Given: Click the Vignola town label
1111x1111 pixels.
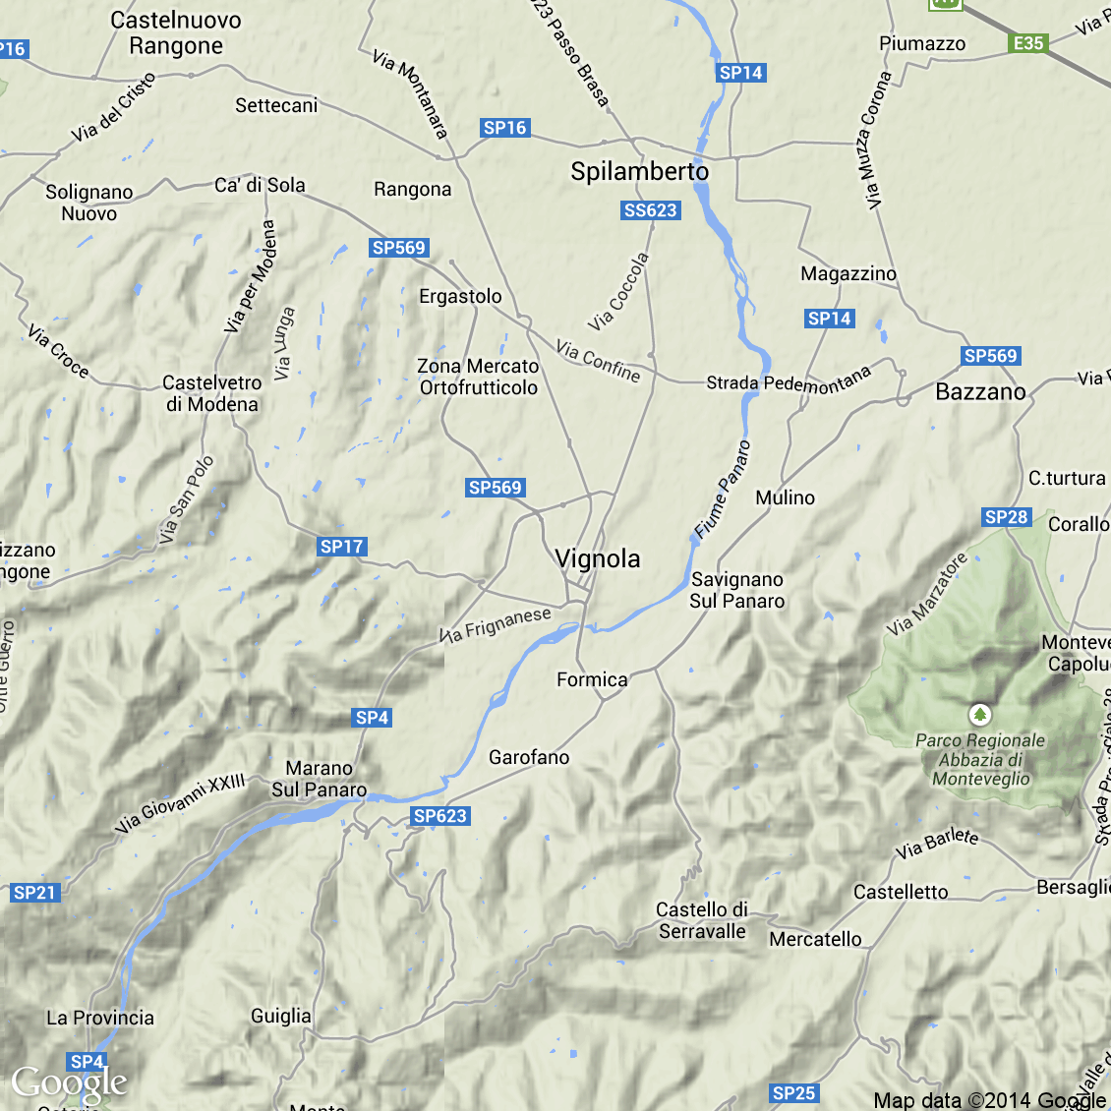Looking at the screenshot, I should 598,559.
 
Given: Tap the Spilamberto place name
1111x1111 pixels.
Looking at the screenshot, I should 639,172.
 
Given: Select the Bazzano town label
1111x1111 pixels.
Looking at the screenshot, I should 980,392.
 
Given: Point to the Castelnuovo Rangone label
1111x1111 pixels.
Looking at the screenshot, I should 176,33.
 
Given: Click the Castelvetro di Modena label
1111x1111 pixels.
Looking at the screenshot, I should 211,393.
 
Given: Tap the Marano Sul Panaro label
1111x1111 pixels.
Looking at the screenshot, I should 320,779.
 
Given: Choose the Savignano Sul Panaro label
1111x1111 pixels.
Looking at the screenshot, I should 737,590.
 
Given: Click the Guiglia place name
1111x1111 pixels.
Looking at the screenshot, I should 281,1016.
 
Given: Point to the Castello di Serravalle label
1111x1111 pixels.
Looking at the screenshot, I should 702,920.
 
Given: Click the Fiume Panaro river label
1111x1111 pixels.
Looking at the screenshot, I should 723,490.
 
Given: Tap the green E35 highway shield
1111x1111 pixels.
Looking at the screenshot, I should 1028,43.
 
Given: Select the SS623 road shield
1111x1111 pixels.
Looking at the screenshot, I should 651,210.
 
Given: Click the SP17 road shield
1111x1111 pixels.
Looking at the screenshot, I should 341,547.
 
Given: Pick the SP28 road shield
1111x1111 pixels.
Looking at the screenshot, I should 1006,517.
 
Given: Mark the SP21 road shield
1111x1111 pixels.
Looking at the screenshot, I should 34,893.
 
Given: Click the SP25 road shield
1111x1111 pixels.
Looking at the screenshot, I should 793,1093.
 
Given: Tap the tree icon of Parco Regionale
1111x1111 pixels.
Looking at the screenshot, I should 979,715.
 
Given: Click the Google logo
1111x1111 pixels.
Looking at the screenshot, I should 69,1083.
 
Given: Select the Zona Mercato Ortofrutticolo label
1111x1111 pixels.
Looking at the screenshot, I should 479,377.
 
